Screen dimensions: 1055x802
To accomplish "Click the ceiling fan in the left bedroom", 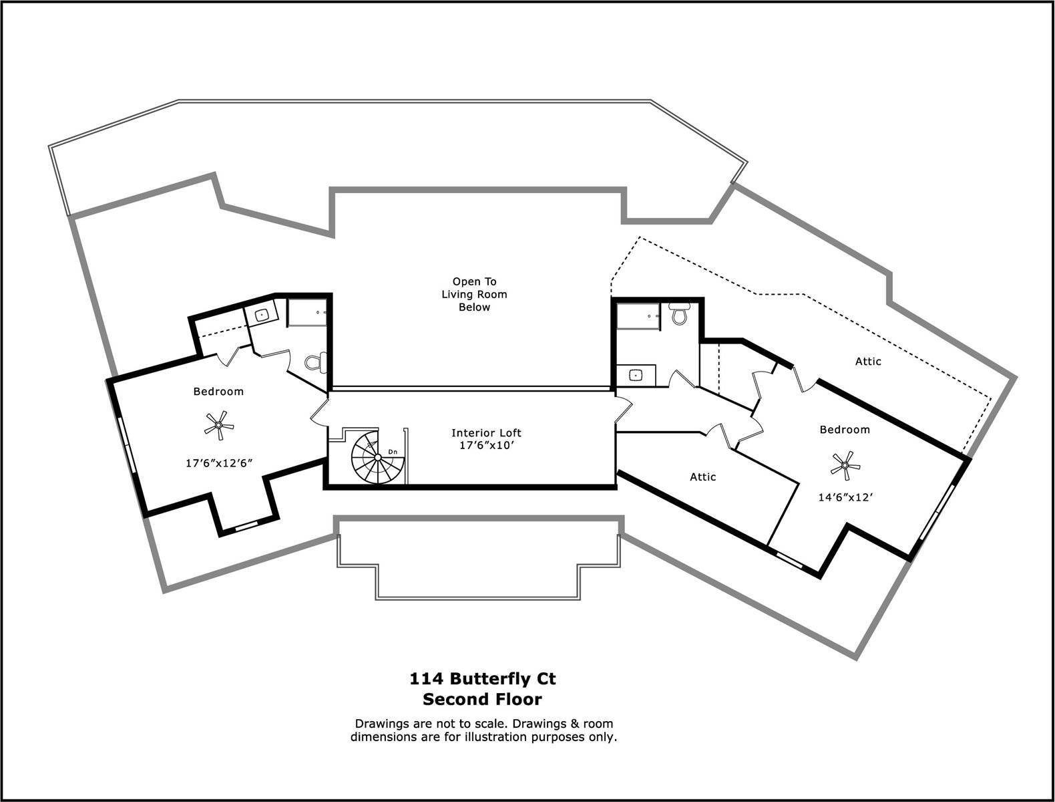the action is [x=219, y=425].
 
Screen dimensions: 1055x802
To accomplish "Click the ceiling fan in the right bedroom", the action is [x=845, y=465].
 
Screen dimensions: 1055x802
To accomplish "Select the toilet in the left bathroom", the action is [x=316, y=362].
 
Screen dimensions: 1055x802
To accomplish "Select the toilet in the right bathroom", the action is [x=678, y=313].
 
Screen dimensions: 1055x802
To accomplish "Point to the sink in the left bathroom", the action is [x=261, y=315].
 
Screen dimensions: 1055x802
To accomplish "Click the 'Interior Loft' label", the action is [x=486, y=433].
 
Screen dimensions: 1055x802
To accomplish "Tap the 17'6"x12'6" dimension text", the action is [x=219, y=463].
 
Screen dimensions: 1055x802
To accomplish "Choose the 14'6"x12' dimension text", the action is [x=845, y=497].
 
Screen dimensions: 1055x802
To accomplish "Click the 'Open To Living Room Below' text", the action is [x=474, y=295].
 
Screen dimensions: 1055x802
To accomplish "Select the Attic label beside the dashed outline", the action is [x=868, y=362].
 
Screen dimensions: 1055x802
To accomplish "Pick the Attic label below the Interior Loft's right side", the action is [x=702, y=477].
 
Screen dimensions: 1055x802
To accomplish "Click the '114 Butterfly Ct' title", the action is [x=483, y=679].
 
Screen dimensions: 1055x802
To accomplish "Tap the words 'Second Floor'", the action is [x=483, y=699].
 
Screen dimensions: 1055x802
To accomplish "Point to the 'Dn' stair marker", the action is [x=393, y=452].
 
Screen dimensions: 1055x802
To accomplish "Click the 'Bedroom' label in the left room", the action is [x=219, y=392].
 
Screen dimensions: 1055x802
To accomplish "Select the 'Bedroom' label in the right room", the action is [x=845, y=430].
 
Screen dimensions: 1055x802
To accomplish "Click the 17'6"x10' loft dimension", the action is [x=487, y=446].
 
